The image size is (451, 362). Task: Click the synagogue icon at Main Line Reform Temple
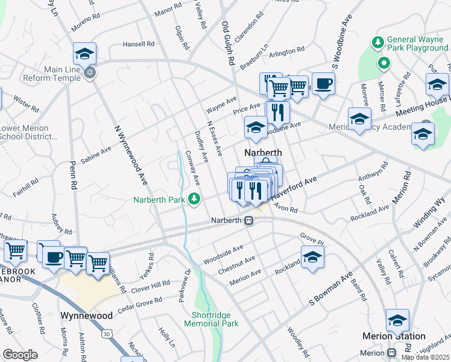point(90,73)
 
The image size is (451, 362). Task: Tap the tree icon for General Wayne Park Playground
point(378,42)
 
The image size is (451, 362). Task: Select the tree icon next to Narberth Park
point(194,198)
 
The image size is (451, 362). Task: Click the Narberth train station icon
point(248,221)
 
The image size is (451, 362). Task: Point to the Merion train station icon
point(391,353)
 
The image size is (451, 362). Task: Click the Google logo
point(20,355)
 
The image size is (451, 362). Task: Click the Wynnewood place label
point(87,316)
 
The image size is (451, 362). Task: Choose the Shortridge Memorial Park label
point(215,319)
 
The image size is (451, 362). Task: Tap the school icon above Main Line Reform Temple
point(85,53)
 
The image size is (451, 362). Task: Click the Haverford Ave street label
point(294,188)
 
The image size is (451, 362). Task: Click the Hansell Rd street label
point(139,44)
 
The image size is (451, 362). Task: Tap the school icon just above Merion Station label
point(397,320)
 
